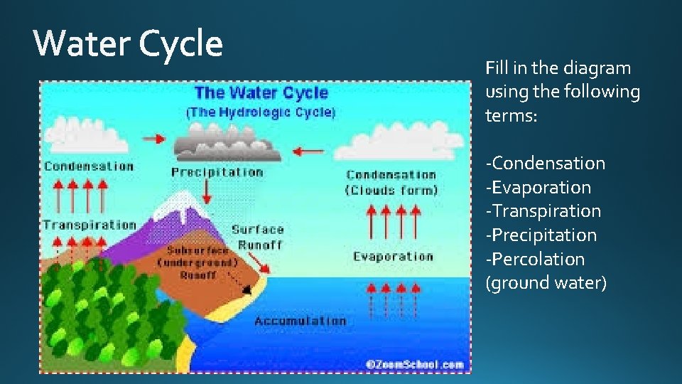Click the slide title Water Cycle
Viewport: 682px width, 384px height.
tap(129, 45)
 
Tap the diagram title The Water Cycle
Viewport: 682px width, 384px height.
tap(261, 92)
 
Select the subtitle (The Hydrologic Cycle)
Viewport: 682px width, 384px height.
tap(261, 112)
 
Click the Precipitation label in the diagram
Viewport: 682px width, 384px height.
tap(217, 172)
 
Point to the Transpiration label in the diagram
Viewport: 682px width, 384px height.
tap(89, 225)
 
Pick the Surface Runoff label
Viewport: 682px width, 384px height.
tap(257, 237)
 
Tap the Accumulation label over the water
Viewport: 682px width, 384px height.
tap(300, 321)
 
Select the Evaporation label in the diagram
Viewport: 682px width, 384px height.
tap(393, 257)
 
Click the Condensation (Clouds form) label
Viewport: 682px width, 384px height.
tap(391, 182)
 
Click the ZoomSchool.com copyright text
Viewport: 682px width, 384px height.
tap(414, 364)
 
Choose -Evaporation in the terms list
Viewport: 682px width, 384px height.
tap(538, 187)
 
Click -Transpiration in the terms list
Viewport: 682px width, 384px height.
tap(543, 211)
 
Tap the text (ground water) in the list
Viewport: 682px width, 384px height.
tap(546, 283)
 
